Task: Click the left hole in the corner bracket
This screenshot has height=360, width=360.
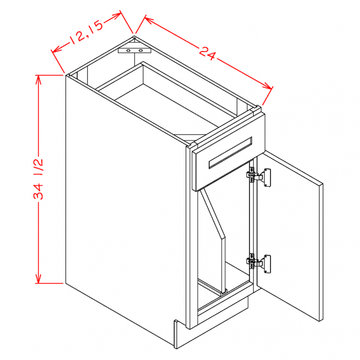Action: point(129,51)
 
